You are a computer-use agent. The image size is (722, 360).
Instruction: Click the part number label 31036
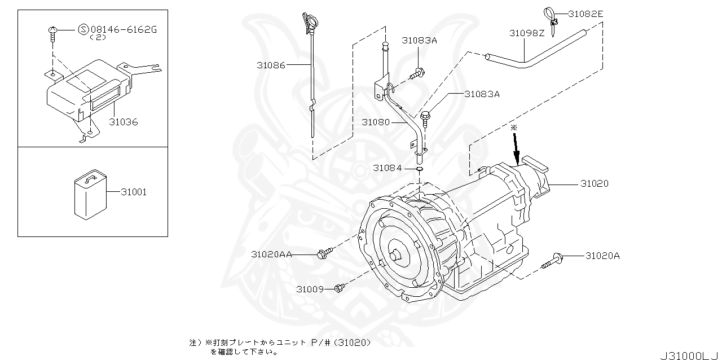123,122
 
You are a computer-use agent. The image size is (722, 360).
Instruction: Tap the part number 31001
134,192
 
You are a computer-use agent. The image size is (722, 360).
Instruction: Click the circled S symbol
83,30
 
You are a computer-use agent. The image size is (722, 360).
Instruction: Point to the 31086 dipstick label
271,65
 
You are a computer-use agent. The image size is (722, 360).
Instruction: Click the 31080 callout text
376,122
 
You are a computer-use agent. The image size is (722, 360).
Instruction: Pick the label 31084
388,168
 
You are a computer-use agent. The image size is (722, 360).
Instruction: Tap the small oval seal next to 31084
419,169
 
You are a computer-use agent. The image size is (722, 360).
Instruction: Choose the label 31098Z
527,33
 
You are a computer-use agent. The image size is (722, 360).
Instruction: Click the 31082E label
585,14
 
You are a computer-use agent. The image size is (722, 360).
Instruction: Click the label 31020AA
272,254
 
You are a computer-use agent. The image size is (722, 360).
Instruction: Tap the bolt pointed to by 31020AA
325,253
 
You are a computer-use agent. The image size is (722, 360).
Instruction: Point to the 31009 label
310,289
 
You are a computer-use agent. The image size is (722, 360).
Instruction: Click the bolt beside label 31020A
552,261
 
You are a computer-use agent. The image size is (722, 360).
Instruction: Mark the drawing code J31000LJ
690,355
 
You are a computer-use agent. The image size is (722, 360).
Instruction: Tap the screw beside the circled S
52,34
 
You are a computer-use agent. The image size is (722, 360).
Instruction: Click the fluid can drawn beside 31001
91,195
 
